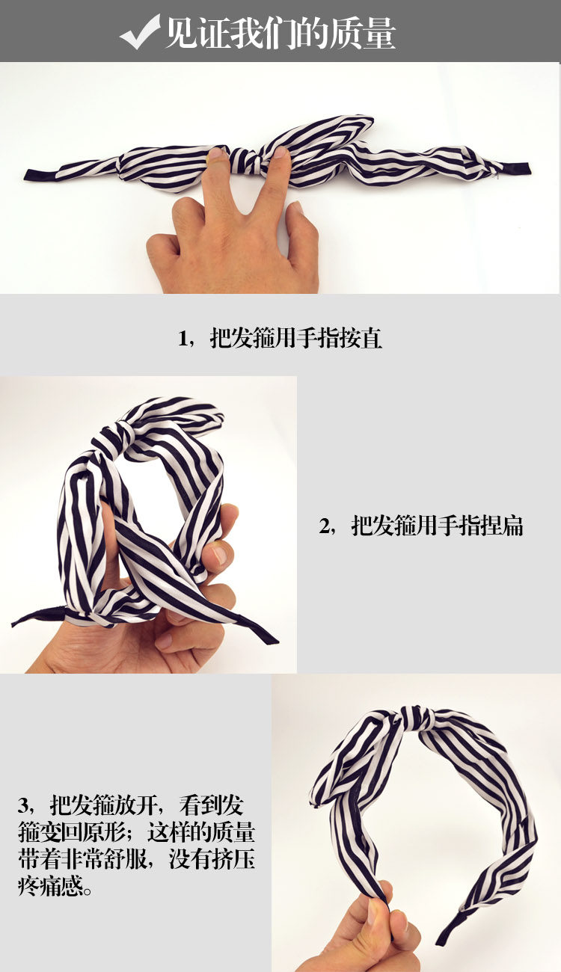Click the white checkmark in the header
tap(139, 31)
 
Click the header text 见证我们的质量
tap(280, 33)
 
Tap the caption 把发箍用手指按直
tap(296, 338)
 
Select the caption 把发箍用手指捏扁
tap(438, 526)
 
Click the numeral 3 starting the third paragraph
tap(25, 806)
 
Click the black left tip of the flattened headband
tap(34, 175)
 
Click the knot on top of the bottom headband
tap(414, 717)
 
